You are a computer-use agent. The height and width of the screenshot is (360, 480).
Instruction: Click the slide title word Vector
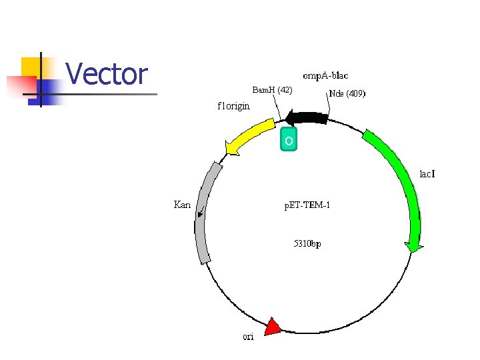(107, 73)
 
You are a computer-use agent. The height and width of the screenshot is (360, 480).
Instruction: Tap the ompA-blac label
(325, 75)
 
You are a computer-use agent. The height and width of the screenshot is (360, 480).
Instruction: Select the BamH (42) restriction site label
(272, 89)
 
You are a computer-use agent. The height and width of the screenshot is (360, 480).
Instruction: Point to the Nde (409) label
(347, 94)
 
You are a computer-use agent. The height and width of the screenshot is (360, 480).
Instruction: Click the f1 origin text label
(234, 105)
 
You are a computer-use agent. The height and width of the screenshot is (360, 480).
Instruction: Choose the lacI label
(427, 174)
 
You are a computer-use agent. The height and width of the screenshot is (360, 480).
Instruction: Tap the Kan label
(182, 205)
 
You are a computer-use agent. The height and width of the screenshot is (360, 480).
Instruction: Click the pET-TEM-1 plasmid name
(307, 205)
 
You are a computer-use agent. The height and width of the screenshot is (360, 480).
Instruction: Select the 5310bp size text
(307, 243)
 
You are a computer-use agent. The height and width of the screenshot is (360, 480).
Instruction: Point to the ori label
(248, 337)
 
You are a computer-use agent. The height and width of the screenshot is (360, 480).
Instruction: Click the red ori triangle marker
(273, 327)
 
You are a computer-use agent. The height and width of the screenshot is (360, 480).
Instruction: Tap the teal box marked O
(289, 140)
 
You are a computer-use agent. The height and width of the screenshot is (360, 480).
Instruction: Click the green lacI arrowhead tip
(415, 251)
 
